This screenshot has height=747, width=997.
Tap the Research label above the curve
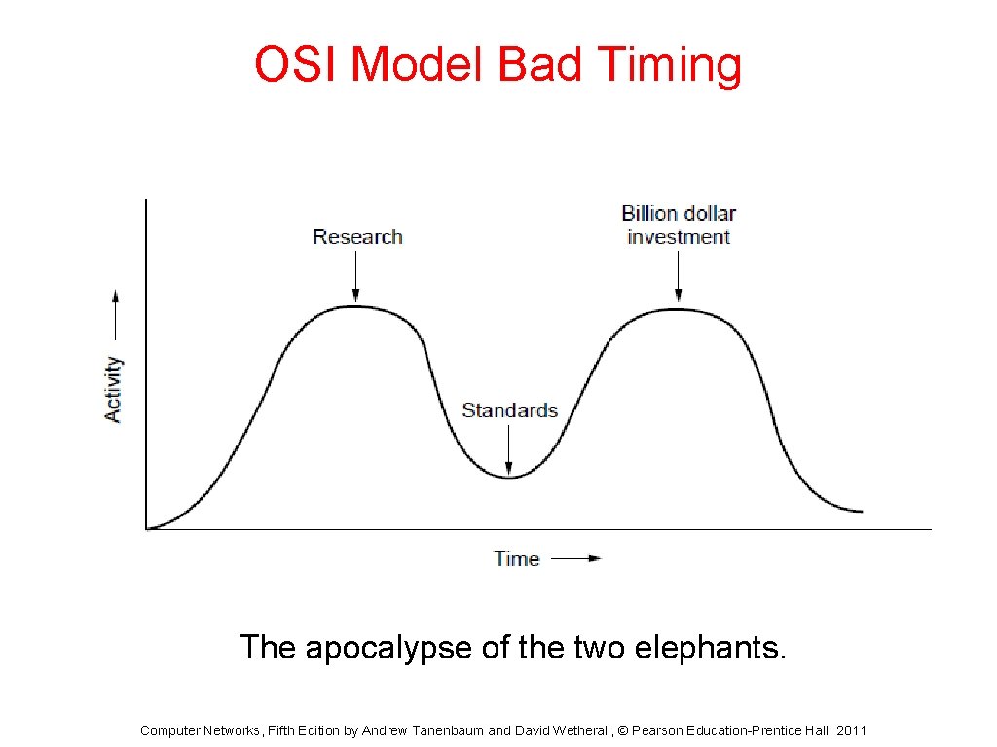click(357, 236)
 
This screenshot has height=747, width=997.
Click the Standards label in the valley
click(509, 409)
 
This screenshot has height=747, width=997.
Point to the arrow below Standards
click(508, 450)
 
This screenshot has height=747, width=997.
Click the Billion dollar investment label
click(679, 225)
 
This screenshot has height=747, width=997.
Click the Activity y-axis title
click(114, 389)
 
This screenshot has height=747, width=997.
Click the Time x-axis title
click(516, 558)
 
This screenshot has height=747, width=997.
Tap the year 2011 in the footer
click(851, 730)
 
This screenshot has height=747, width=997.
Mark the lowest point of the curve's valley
click(508, 477)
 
